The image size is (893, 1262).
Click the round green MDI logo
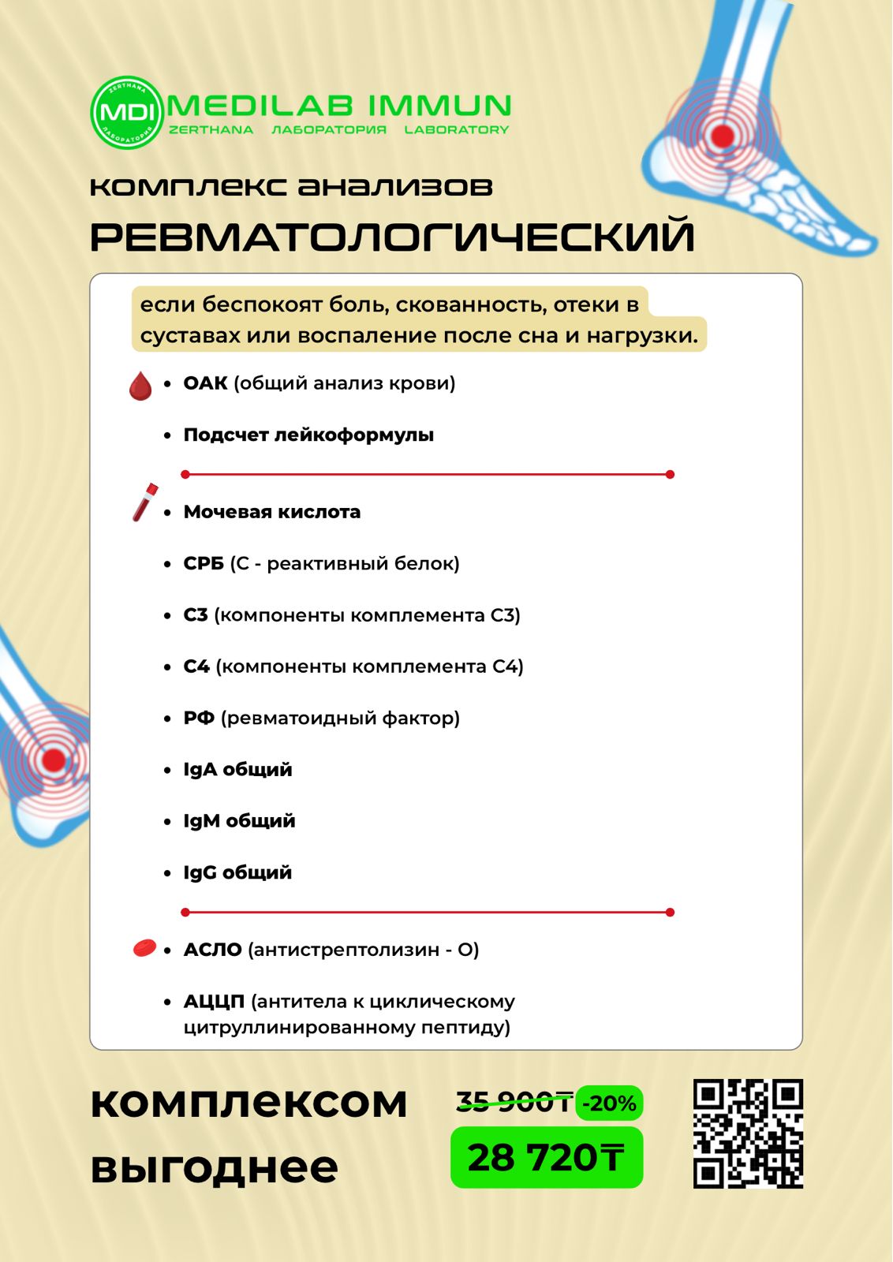pos(126,112)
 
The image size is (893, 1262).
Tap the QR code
pos(748,1133)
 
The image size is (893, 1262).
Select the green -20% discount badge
pos(609,1103)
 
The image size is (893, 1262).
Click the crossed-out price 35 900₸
pos(514,1102)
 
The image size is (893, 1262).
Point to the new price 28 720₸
pos(546,1158)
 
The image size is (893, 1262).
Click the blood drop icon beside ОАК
pos(140,386)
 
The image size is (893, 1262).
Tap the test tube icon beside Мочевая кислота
pos(144,502)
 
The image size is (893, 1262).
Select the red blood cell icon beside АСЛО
pos(144,948)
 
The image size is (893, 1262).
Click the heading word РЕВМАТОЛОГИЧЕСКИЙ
pos(392,237)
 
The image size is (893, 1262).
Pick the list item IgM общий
pos(239,821)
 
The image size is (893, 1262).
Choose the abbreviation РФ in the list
pos(199,718)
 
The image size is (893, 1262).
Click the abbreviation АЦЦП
pos(214,1002)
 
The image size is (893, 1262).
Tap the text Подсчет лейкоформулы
pos(308,435)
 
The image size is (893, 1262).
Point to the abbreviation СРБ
pos(204,563)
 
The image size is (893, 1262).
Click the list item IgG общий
pos(237,872)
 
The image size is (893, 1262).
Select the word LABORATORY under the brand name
pos(456,130)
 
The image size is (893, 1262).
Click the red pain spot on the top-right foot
pos(722,136)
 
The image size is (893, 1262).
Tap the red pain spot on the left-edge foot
pos(53,760)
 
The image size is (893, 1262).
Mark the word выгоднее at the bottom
pos(214,1167)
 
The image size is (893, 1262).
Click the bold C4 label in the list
pos(196,666)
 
